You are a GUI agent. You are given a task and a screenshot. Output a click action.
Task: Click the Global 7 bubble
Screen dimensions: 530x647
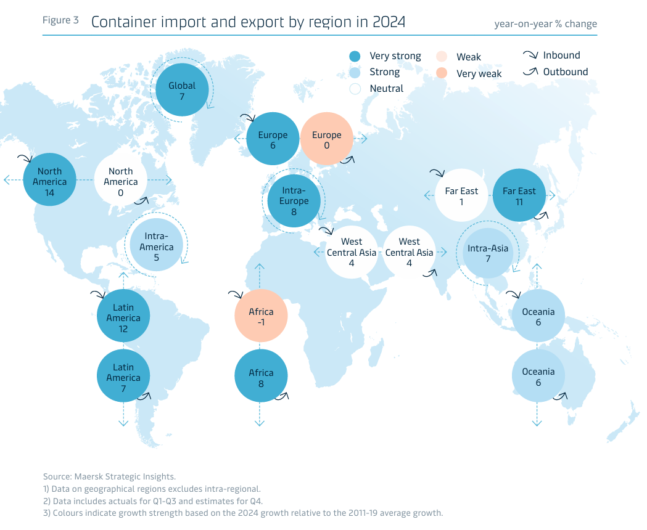click(x=183, y=91)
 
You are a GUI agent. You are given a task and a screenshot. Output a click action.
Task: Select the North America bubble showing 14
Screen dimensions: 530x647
click(x=49, y=182)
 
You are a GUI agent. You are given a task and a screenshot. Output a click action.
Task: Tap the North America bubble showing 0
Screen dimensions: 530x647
click(x=121, y=182)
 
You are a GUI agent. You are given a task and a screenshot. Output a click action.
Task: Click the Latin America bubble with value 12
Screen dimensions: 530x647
click(x=123, y=318)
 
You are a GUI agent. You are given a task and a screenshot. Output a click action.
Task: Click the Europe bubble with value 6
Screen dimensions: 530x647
click(x=273, y=140)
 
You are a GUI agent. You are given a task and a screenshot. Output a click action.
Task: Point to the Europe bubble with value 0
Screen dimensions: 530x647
click(x=326, y=140)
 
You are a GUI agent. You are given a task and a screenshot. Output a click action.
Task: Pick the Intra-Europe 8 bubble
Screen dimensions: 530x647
click(x=295, y=201)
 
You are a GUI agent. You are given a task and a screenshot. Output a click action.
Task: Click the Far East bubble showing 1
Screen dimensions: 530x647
click(x=461, y=196)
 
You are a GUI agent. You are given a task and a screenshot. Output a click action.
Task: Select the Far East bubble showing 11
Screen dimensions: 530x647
click(x=519, y=196)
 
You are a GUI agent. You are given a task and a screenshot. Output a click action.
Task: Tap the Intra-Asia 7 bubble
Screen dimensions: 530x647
click(x=488, y=253)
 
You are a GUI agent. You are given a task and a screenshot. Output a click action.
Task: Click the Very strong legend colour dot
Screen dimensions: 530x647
click(x=354, y=56)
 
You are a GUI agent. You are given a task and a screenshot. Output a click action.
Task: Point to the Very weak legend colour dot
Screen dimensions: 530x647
click(x=441, y=73)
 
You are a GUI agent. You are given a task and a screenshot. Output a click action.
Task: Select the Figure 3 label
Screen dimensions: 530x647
click(x=60, y=20)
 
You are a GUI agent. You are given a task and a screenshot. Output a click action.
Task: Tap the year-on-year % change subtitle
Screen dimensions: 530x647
click(x=545, y=24)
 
